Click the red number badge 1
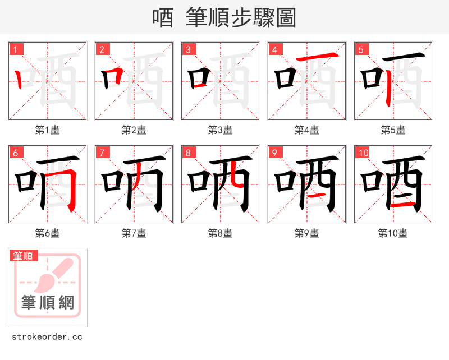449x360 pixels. [16, 49]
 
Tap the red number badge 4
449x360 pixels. [275, 49]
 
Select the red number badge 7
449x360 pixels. [102, 153]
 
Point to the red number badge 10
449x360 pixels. [363, 153]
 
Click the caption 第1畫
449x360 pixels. [48, 130]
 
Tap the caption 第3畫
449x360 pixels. [221, 130]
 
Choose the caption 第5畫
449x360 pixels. [393, 130]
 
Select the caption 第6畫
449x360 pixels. [48, 233]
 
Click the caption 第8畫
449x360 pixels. [221, 233]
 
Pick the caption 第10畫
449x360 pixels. [393, 233]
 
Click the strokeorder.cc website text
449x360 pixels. [47, 337]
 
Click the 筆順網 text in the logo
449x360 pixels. [48, 303]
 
